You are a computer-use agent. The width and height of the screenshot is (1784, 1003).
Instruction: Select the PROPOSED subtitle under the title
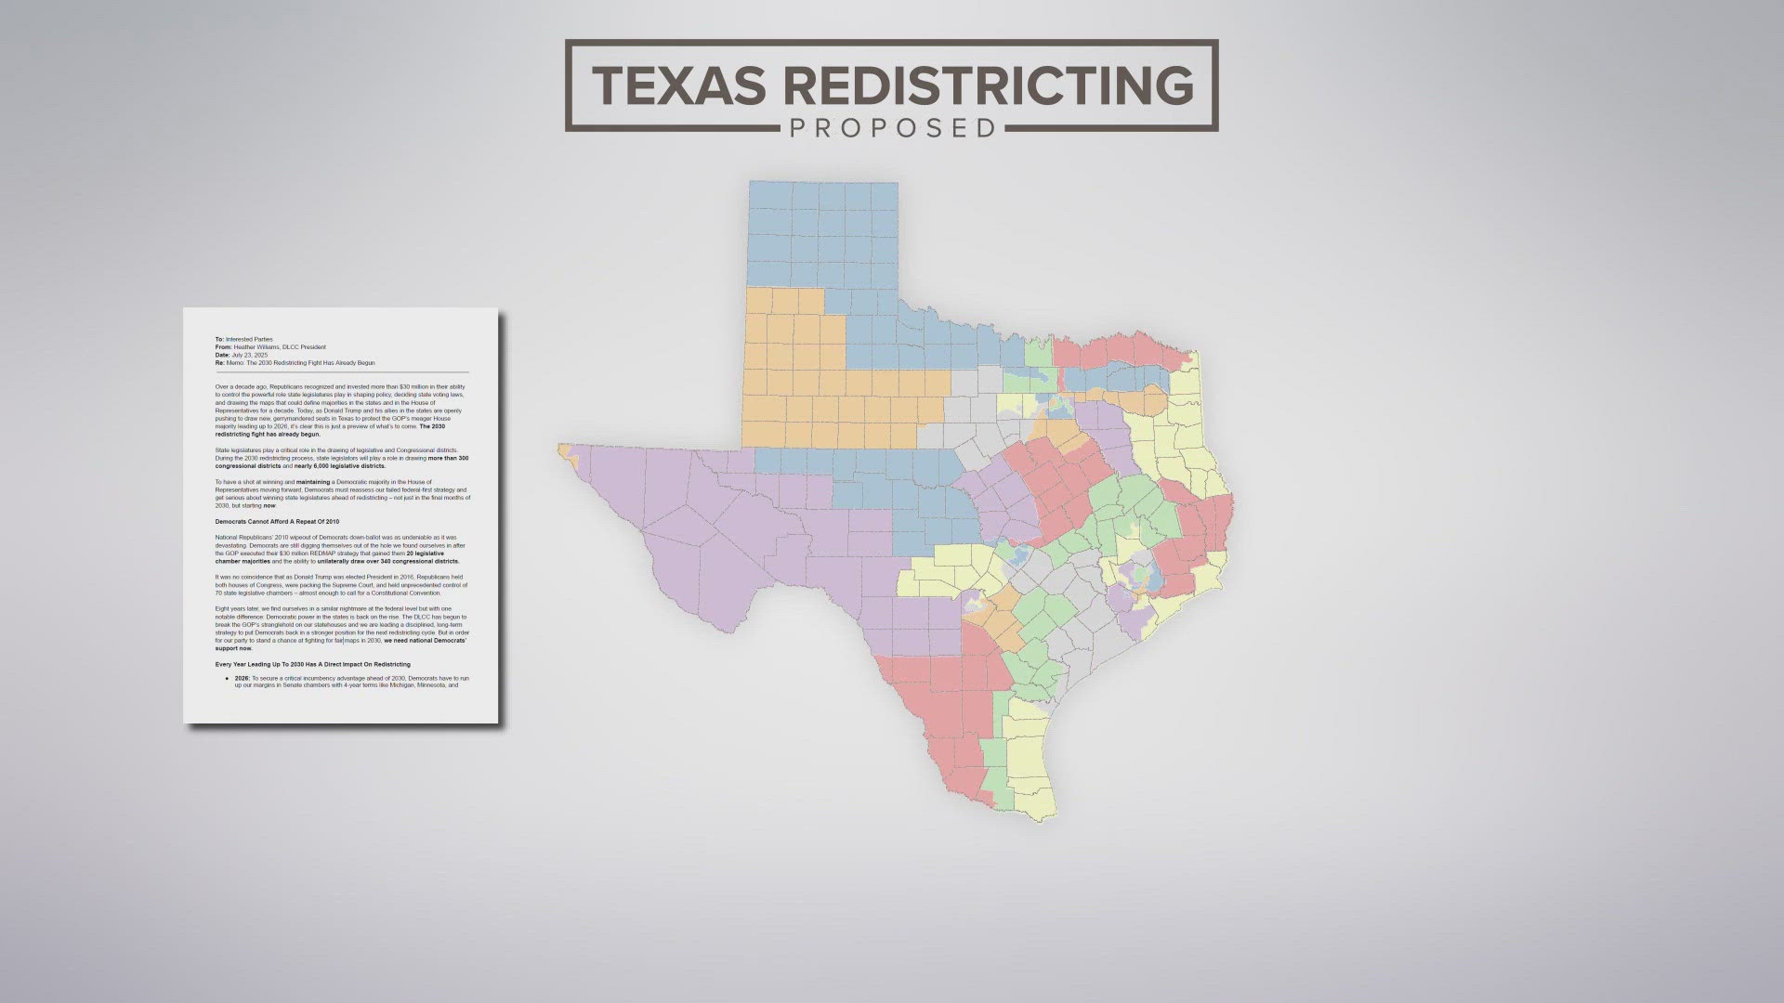(x=892, y=127)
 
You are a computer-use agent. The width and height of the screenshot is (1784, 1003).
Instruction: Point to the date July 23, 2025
(x=249, y=355)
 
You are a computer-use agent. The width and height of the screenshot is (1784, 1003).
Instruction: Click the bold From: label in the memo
(x=222, y=347)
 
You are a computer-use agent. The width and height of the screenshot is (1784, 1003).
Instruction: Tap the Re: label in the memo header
(x=220, y=362)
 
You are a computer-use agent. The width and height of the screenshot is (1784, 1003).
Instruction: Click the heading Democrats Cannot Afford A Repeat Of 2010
(x=277, y=522)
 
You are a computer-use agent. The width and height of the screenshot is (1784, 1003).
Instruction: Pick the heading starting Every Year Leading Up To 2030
(x=312, y=664)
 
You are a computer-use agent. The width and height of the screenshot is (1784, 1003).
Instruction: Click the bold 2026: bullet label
(x=243, y=679)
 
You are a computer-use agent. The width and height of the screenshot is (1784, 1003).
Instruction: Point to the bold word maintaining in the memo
(x=313, y=482)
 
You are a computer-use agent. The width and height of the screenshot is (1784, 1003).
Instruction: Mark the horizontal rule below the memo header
(x=342, y=371)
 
